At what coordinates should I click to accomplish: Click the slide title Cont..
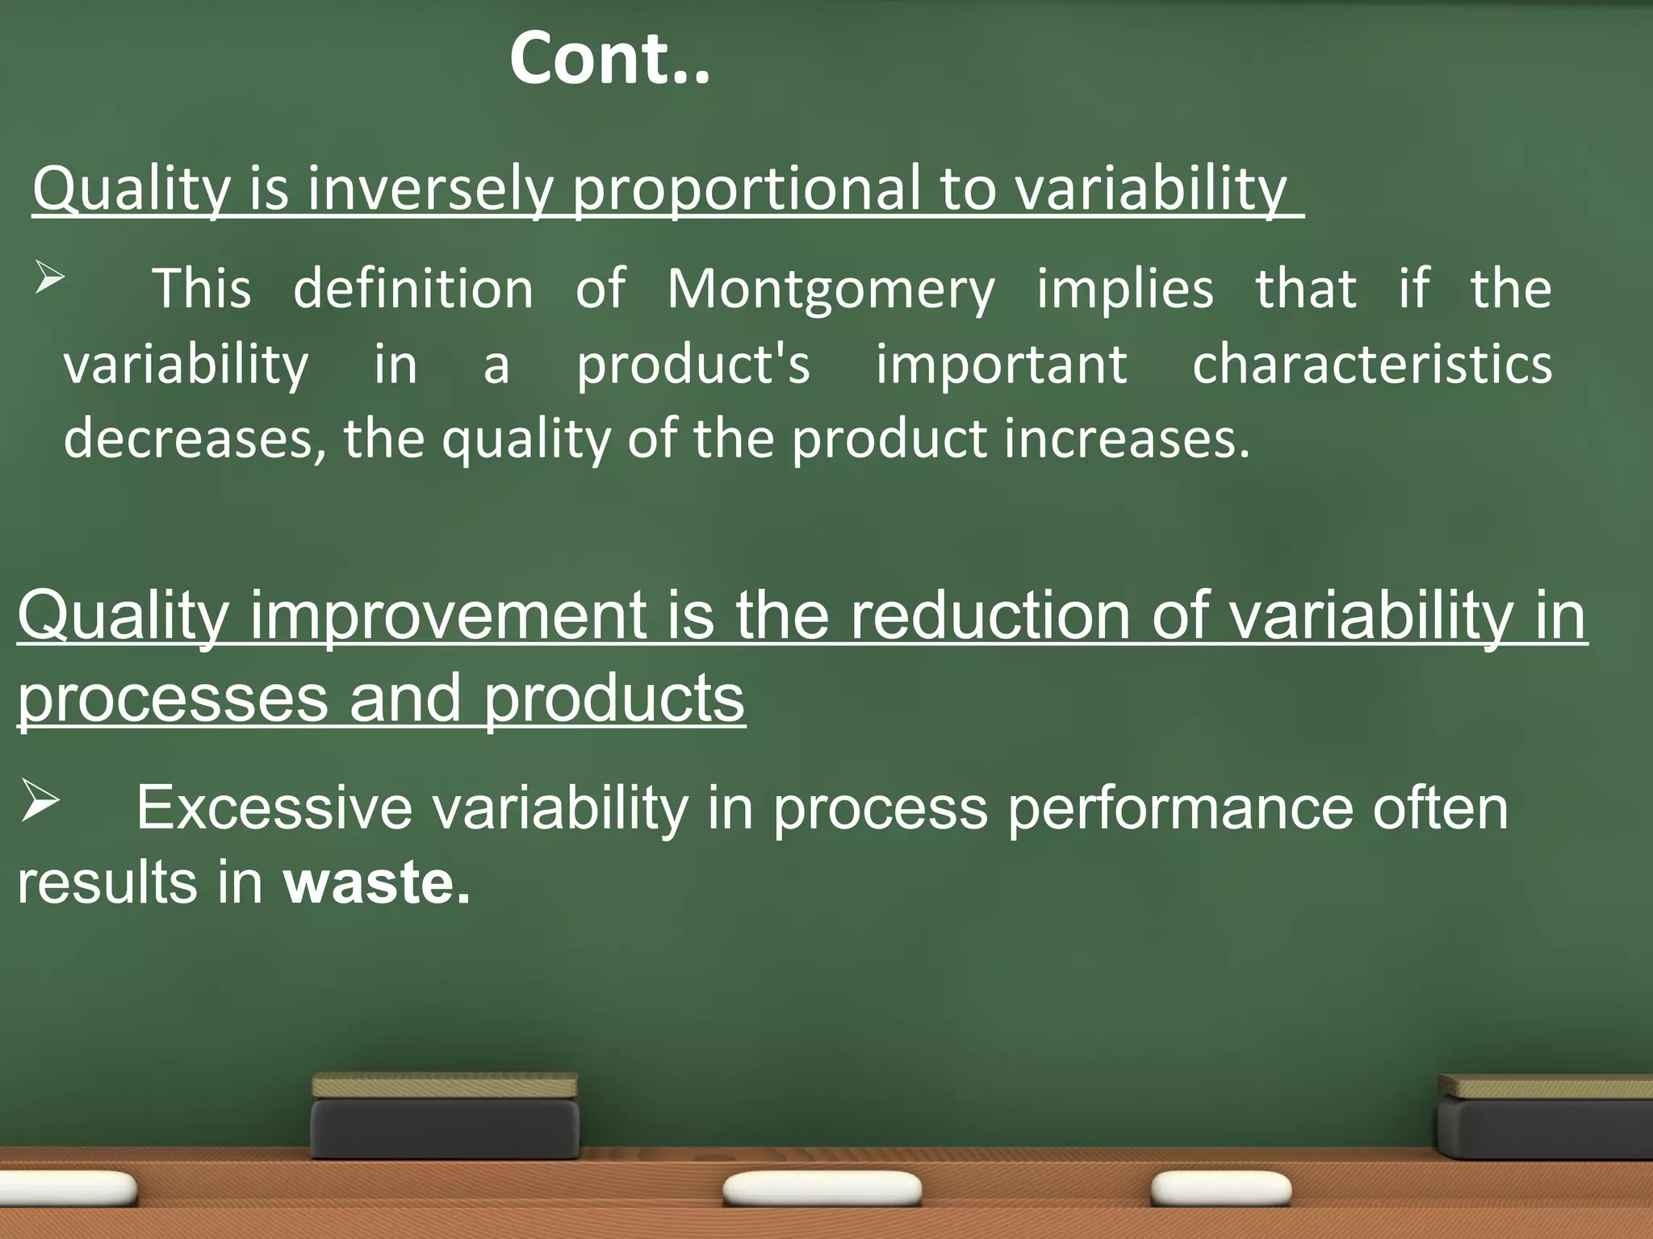609,59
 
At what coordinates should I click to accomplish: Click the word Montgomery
831,290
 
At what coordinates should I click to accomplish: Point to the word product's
693,365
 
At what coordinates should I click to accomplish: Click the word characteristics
1371,365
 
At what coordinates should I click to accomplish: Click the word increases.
1127,440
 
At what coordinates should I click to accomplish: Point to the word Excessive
274,808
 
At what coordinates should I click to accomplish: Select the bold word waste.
376,882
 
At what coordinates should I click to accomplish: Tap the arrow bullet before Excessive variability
40,801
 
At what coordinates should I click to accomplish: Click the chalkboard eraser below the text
445,1116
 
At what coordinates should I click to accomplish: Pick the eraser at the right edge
1546,1117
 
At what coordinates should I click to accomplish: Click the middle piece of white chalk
822,1190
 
